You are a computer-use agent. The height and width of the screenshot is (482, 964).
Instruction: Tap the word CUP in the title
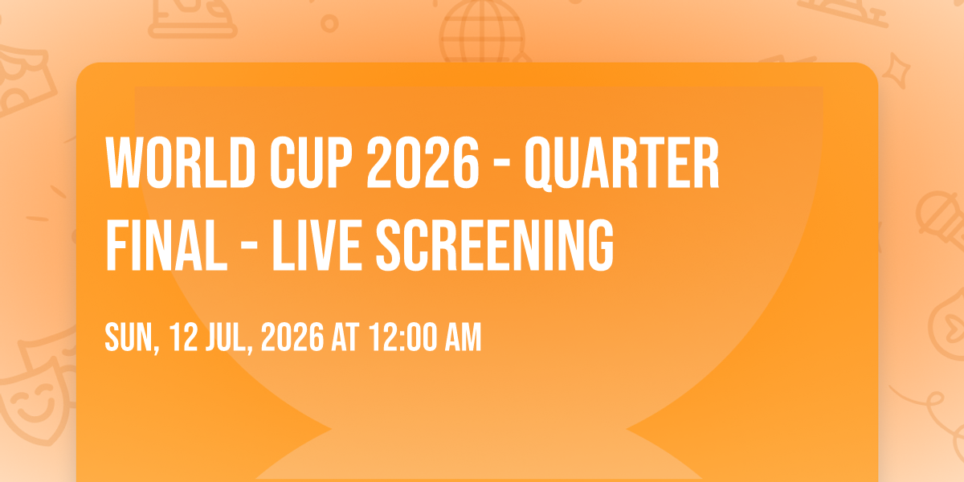311,162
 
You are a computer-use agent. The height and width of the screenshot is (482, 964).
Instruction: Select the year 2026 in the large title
423,162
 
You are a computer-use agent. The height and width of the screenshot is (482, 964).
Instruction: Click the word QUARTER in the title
622,164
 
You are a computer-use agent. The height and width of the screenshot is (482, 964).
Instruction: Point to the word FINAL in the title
166,245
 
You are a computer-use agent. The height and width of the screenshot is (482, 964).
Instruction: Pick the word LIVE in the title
317,245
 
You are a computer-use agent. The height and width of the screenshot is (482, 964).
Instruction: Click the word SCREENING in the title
495,245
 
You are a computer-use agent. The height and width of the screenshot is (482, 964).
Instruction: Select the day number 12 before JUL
183,337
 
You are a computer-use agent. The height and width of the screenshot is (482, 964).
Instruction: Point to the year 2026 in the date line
292,337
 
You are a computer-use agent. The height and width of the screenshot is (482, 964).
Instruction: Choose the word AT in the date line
345,337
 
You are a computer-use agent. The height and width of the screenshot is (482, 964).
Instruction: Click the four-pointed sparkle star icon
896,71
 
